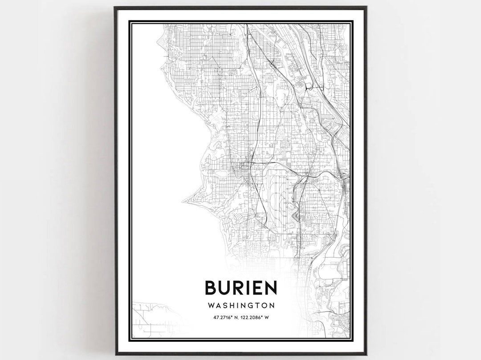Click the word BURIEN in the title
[x=240, y=287]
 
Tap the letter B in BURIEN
[x=211, y=287]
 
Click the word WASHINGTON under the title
[x=240, y=306]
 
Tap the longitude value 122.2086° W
[x=257, y=317]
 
